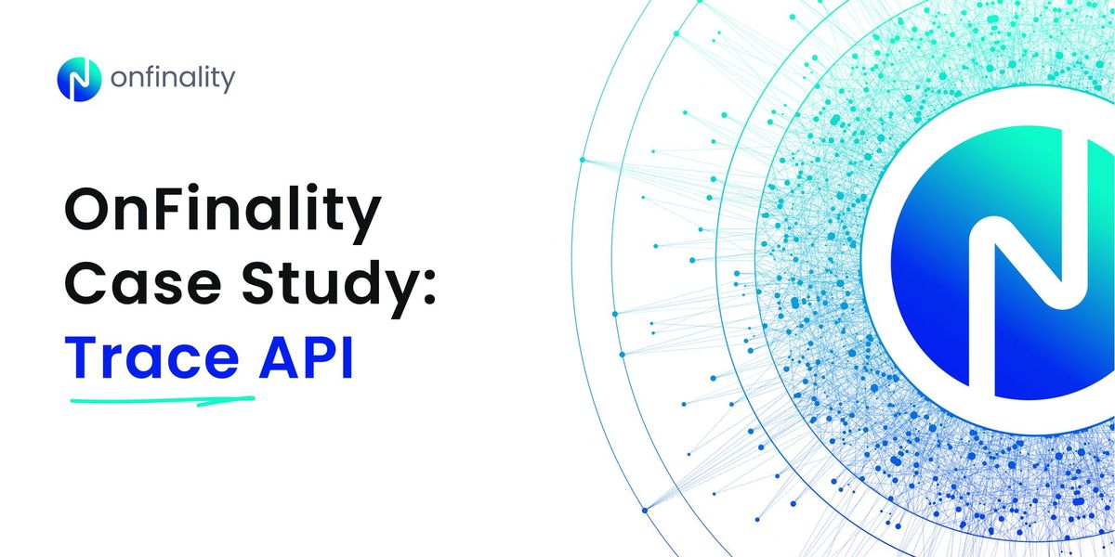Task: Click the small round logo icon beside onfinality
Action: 79,80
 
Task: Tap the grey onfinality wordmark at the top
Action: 173,80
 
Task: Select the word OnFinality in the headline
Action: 223,214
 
